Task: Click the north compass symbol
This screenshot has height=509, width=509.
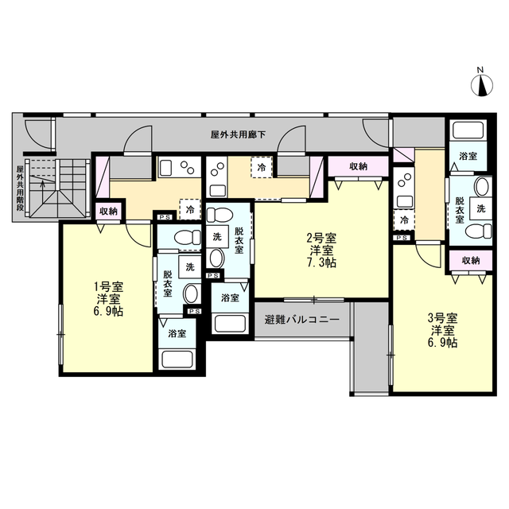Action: [x=482, y=86]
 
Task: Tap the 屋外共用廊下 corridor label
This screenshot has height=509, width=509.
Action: [x=238, y=134]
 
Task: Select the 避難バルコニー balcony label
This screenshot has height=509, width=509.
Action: [x=302, y=320]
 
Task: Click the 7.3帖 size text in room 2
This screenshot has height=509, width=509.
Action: [x=321, y=262]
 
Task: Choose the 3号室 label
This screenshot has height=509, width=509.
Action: [x=442, y=318]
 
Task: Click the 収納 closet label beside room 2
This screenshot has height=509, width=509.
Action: [x=358, y=166]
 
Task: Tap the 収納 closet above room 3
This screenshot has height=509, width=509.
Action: [x=471, y=260]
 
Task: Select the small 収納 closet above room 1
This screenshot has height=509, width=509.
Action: [x=108, y=212]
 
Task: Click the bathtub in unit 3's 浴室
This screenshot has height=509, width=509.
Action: [x=468, y=130]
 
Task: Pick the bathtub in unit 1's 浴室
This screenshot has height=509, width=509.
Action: [x=177, y=359]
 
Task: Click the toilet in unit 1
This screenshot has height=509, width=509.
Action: [x=188, y=237]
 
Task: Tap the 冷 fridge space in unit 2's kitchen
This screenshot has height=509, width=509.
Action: [x=261, y=168]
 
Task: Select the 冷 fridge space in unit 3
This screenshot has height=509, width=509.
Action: [x=404, y=220]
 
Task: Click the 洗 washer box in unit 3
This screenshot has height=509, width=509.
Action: [x=480, y=208]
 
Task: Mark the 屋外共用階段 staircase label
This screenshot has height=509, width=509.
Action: [x=20, y=188]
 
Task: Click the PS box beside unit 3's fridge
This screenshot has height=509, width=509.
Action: [x=402, y=238]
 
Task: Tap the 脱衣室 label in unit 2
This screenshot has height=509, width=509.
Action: [x=239, y=240]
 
